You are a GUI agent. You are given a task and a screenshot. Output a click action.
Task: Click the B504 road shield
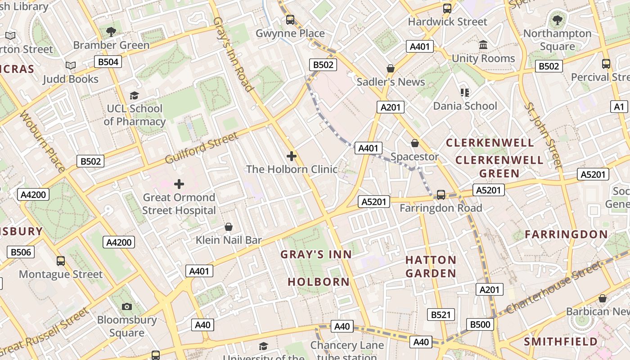click(x=108, y=62)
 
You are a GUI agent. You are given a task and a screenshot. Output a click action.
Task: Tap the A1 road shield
click(x=620, y=107)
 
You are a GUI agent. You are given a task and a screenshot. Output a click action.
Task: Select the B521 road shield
click(x=441, y=315)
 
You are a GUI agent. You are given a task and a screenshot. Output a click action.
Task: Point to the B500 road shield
click(x=480, y=324)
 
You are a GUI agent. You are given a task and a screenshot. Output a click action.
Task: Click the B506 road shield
click(x=21, y=252)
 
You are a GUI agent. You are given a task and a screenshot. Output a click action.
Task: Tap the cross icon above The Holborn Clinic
click(x=292, y=156)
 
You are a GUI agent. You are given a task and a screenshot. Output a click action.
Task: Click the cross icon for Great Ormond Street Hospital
click(x=179, y=184)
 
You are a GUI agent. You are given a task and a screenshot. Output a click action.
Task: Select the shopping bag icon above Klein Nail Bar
click(x=229, y=227)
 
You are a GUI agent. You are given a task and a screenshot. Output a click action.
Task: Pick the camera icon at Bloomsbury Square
click(x=127, y=306)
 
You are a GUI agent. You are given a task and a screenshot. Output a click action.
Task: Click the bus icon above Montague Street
click(x=60, y=261)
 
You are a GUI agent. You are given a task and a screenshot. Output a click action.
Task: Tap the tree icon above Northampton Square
click(x=557, y=20)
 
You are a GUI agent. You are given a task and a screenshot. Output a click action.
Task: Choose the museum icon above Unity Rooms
click(x=483, y=45)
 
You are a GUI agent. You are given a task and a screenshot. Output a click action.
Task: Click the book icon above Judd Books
click(x=70, y=66)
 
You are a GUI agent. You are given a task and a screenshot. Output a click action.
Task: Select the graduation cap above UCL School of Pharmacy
click(x=134, y=95)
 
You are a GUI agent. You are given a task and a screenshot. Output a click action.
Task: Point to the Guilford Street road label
click(x=201, y=148)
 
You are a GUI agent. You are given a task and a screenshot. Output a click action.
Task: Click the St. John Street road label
click(x=544, y=135)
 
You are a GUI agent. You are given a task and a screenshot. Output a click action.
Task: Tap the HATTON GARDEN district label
click(x=431, y=266)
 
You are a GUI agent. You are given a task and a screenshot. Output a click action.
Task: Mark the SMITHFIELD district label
click(x=561, y=342)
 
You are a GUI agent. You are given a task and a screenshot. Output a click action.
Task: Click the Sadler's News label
click(x=391, y=82)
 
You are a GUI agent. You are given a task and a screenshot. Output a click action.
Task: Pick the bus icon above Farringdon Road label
click(x=441, y=194)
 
